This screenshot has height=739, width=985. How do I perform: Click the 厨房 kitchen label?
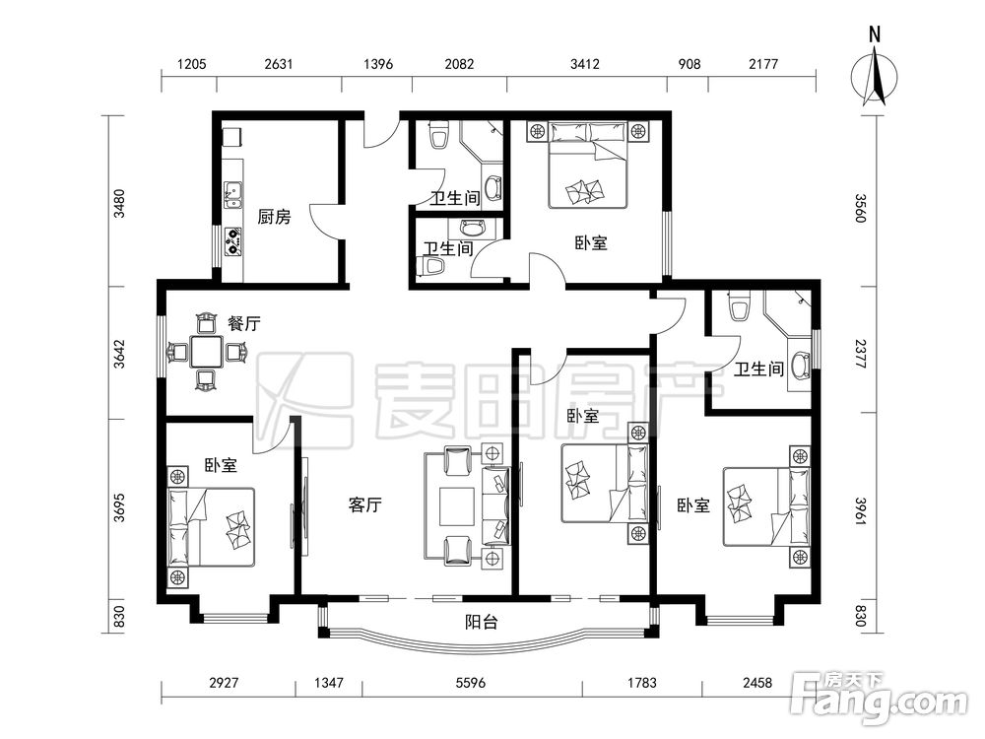point(275,218)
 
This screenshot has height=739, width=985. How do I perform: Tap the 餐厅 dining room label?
point(243,324)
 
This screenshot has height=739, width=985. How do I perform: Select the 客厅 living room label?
point(365,504)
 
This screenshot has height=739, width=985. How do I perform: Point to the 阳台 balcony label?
point(482,622)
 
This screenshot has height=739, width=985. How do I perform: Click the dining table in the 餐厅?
point(207,352)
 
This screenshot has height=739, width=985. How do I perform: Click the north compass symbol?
point(875,78)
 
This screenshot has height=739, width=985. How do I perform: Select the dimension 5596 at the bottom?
point(470,682)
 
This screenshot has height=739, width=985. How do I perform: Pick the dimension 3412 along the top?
point(584,64)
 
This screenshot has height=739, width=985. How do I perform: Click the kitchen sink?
point(233,195)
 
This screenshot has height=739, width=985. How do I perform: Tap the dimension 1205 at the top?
point(192,64)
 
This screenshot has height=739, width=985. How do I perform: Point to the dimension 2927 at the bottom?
point(224,682)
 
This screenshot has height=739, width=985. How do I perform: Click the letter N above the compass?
point(875,34)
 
